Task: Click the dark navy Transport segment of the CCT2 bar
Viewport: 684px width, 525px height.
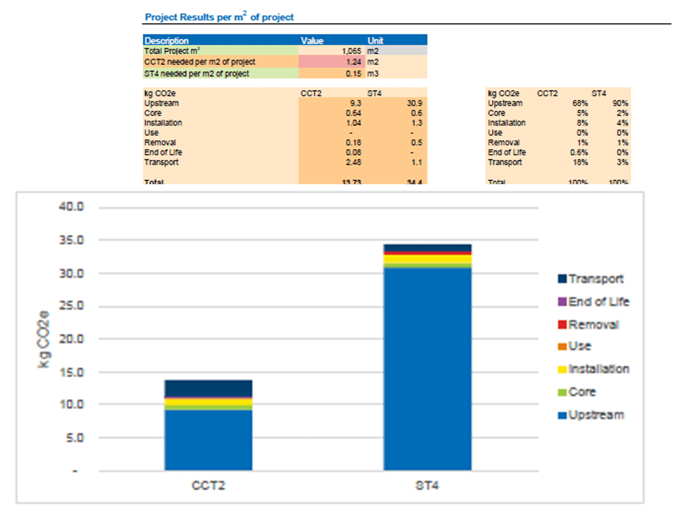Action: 208,388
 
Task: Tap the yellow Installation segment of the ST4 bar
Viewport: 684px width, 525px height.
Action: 427,259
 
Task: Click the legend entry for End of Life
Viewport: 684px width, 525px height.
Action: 593,302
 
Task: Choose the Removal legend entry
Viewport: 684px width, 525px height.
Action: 588,324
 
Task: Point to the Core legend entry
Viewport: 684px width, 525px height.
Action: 577,392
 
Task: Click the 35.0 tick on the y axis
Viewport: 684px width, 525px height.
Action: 71,240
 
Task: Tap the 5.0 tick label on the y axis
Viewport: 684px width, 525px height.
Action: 75,437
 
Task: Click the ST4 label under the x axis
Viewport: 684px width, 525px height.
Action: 427,485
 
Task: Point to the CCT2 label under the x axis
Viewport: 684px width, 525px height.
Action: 208,485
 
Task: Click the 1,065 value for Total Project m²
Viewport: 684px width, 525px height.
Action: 351,51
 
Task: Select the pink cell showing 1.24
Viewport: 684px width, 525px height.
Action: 353,62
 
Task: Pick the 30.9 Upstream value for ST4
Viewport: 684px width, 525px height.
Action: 414,103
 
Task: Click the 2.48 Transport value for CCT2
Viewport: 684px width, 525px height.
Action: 353,162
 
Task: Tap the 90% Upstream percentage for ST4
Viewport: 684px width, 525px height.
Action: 620,103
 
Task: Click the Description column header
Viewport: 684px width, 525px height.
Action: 167,41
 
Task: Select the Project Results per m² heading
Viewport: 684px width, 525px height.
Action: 219,17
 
